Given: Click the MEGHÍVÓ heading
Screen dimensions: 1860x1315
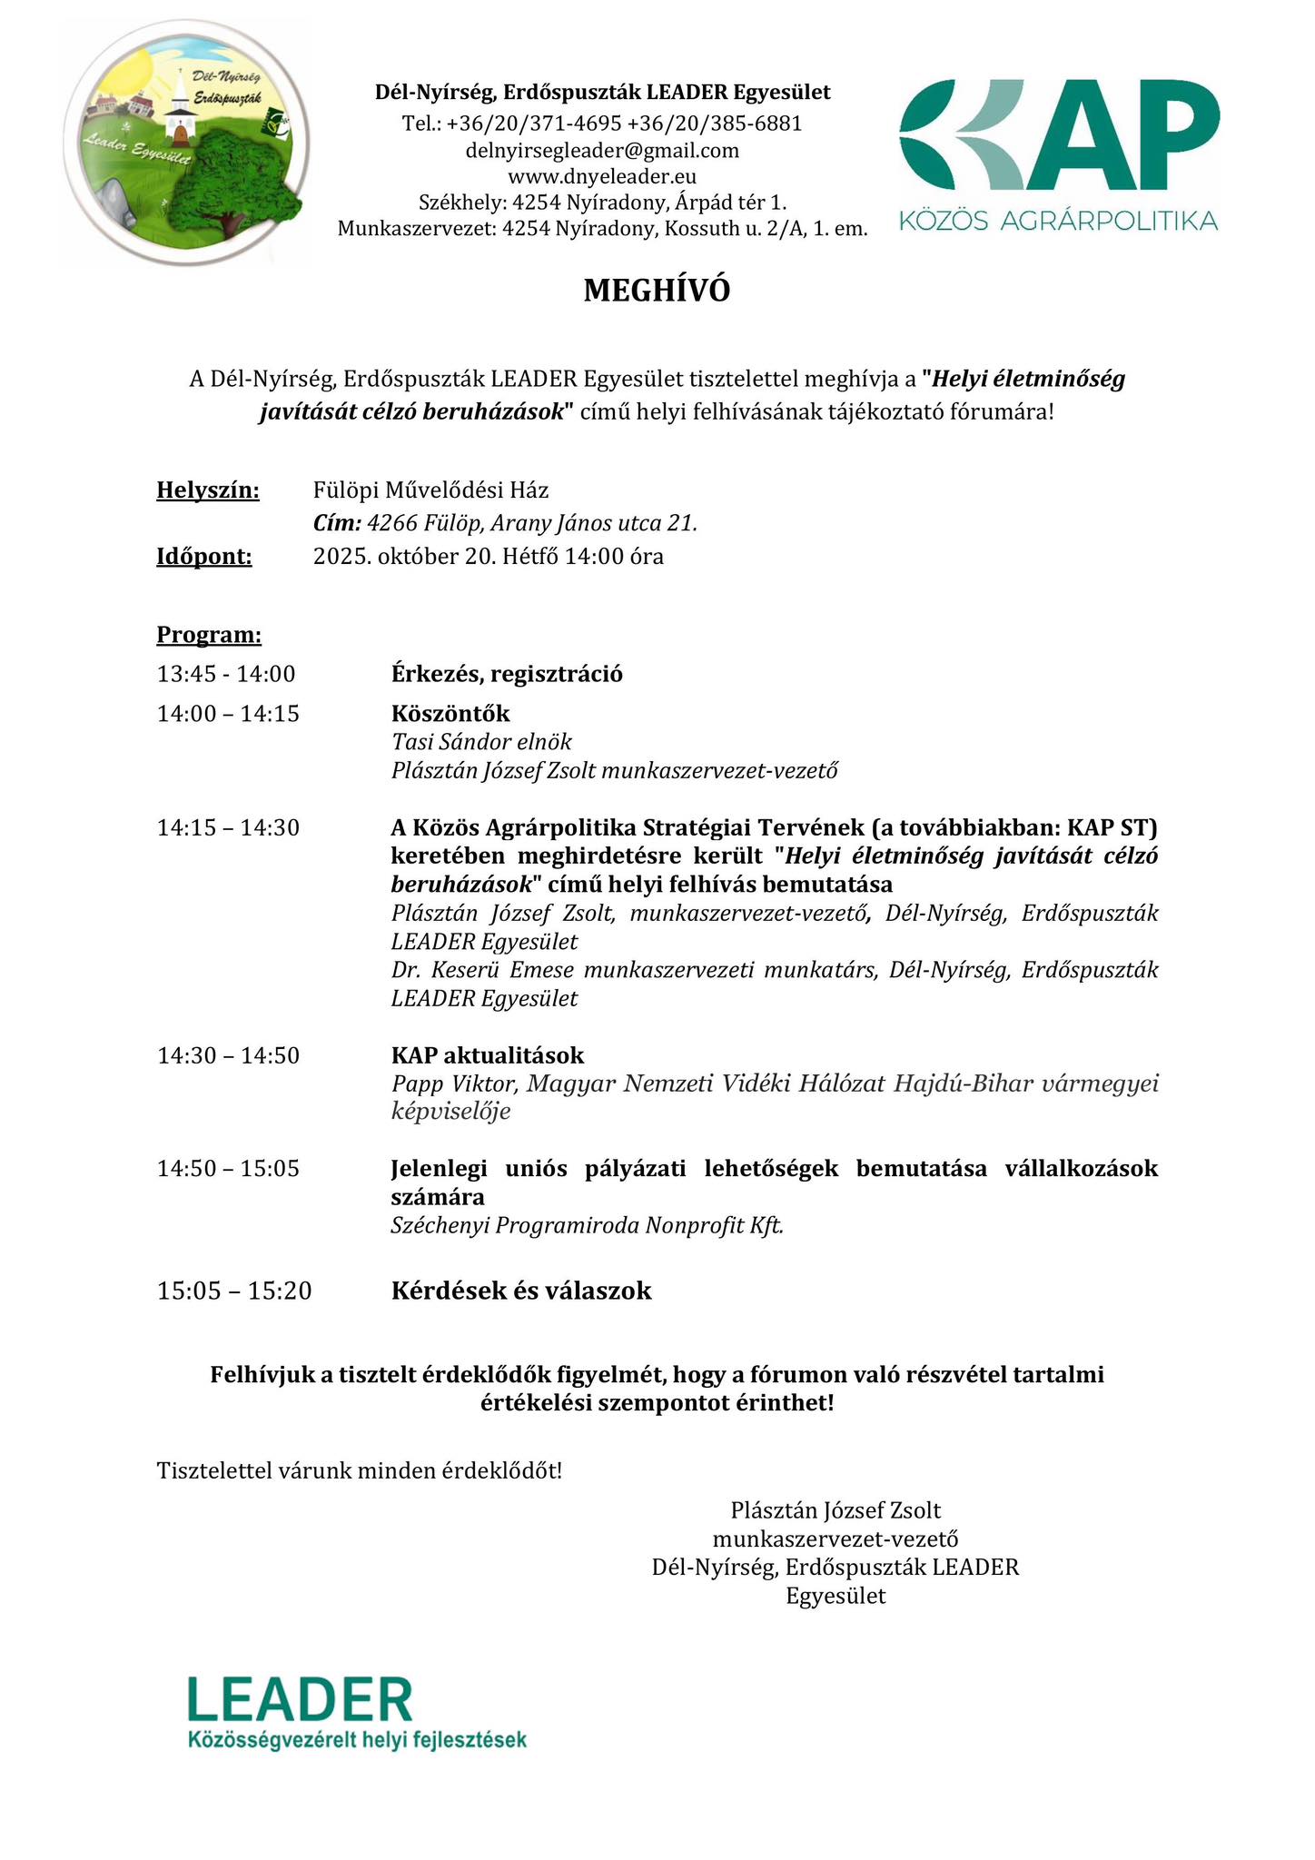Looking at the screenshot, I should [x=657, y=291].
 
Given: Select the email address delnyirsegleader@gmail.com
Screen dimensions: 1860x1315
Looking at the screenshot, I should [x=602, y=150].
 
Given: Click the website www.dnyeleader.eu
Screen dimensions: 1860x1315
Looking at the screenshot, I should [x=602, y=176].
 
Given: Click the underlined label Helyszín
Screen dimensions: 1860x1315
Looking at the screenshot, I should [x=208, y=490].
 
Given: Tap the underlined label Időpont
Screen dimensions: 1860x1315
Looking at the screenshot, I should [x=204, y=556].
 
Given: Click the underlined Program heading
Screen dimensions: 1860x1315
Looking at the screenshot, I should [x=209, y=634].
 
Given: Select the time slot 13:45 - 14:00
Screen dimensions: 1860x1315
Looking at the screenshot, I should [x=226, y=674].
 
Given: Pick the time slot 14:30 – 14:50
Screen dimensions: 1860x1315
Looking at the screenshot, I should [x=228, y=1055].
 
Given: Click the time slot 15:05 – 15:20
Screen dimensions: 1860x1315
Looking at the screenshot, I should [x=234, y=1291].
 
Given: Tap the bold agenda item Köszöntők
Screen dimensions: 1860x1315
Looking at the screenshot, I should [x=450, y=714].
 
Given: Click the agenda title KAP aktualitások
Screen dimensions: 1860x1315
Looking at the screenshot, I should [x=488, y=1055].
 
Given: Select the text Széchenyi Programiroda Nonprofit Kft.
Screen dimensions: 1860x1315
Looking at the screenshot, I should [x=588, y=1225].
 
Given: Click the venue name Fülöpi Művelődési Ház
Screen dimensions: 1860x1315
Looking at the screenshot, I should [x=430, y=490].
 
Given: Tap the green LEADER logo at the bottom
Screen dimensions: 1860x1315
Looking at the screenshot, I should [x=356, y=1714].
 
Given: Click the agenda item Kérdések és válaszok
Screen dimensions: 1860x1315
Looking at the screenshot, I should [x=521, y=1291].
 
